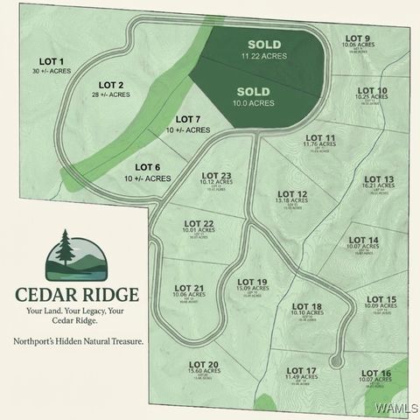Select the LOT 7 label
188,119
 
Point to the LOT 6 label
147,167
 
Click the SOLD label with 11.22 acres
263,44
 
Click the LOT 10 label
372,91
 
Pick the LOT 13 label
378,179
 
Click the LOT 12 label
292,194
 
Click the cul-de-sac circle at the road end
334,360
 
